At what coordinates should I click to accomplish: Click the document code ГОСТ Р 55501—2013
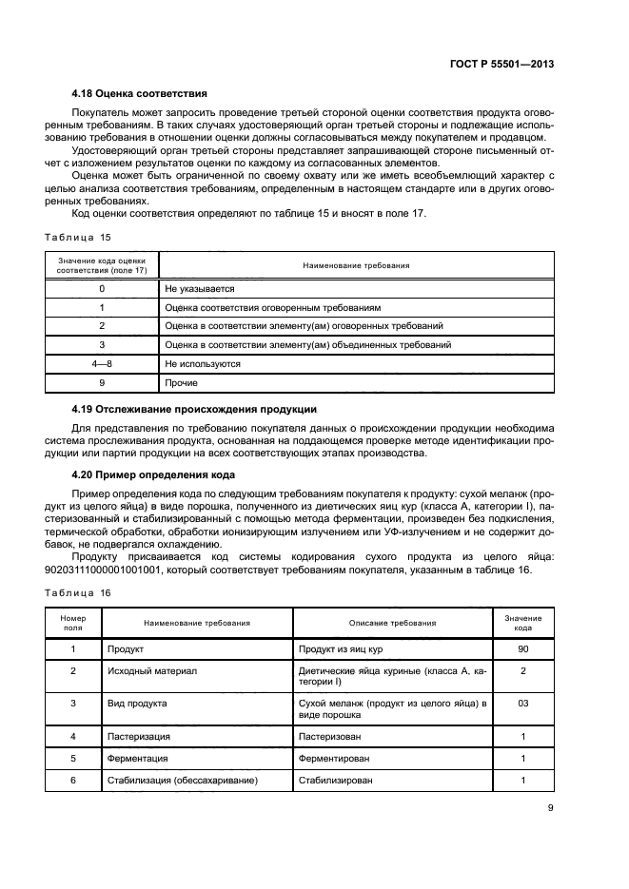[x=502, y=64]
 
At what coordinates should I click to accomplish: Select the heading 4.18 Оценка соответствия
[x=140, y=94]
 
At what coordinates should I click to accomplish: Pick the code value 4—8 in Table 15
[x=102, y=363]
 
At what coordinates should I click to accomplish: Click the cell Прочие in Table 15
[x=182, y=382]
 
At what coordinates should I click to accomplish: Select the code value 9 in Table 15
[x=102, y=382]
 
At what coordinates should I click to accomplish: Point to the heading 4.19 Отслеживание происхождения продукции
[x=194, y=409]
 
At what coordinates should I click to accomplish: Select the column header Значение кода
[x=522, y=623]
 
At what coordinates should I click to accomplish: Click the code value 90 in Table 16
[x=522, y=648]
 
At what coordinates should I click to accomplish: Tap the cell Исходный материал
[x=152, y=671]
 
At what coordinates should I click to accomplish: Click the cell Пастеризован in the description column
[x=328, y=736]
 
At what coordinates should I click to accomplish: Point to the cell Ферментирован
[x=334, y=758]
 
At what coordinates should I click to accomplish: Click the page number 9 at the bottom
[x=550, y=809]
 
